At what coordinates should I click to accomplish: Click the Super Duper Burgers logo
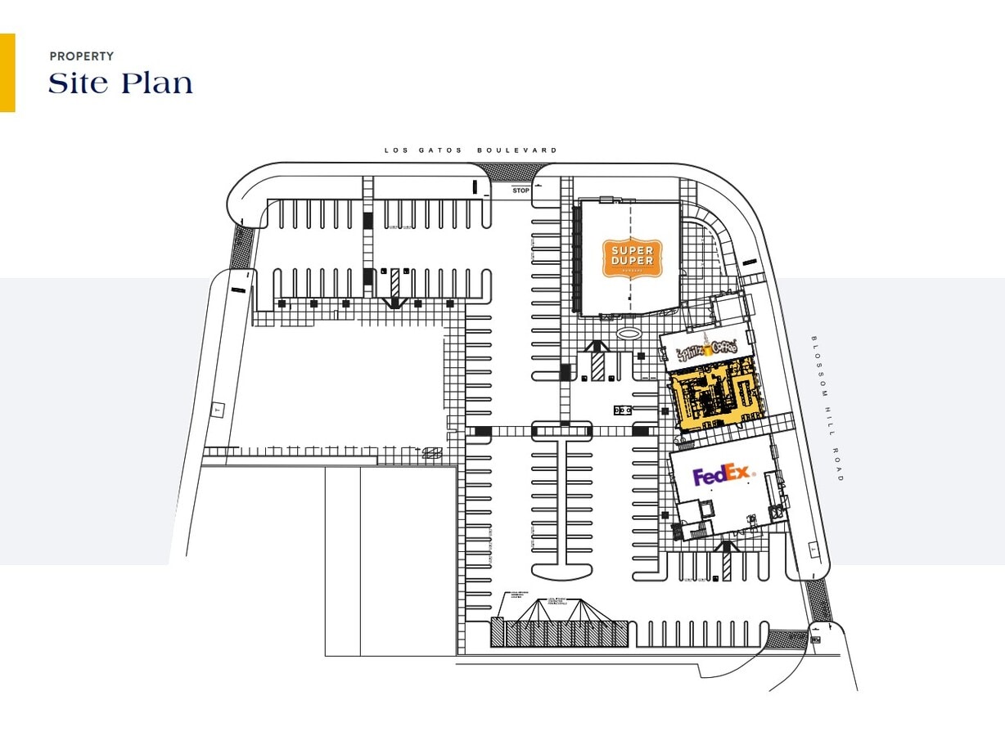pos(631,258)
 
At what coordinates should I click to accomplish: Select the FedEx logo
pos(722,475)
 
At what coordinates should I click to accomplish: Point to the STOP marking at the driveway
pos(521,191)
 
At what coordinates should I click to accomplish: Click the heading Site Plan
pos(121,83)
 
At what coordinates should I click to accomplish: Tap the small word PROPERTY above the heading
pos(81,56)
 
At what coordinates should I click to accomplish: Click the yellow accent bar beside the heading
pos(7,72)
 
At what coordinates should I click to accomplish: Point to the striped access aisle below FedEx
pos(726,563)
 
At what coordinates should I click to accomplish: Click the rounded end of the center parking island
pos(561,570)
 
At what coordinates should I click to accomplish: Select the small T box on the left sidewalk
pos(217,411)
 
